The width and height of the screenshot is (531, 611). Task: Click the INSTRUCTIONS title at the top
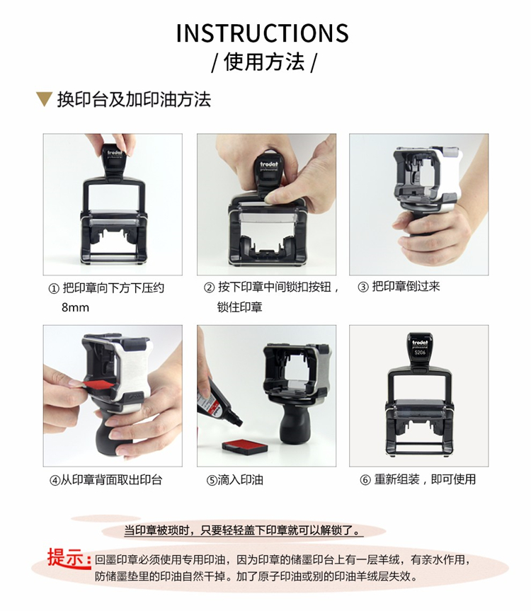click(x=262, y=33)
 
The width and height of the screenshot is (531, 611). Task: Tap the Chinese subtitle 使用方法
click(x=264, y=62)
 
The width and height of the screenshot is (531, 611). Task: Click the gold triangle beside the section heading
click(x=44, y=99)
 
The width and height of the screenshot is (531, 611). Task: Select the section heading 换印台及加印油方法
click(x=134, y=99)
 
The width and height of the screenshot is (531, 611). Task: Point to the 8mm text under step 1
click(x=75, y=307)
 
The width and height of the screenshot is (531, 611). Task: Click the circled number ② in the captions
click(x=209, y=287)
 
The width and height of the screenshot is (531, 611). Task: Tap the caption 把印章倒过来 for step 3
click(x=406, y=287)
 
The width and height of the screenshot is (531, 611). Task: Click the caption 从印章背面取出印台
click(x=111, y=480)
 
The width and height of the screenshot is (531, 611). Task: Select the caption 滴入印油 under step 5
click(x=241, y=480)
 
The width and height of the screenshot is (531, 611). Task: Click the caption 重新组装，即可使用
click(x=425, y=479)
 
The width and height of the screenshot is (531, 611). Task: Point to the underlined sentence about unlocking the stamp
click(x=244, y=530)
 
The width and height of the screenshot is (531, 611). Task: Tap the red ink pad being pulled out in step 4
click(x=99, y=386)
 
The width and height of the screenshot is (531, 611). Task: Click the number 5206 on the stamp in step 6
click(x=420, y=353)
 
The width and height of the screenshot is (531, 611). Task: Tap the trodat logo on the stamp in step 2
click(x=269, y=164)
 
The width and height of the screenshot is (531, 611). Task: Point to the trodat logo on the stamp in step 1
click(x=115, y=152)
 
